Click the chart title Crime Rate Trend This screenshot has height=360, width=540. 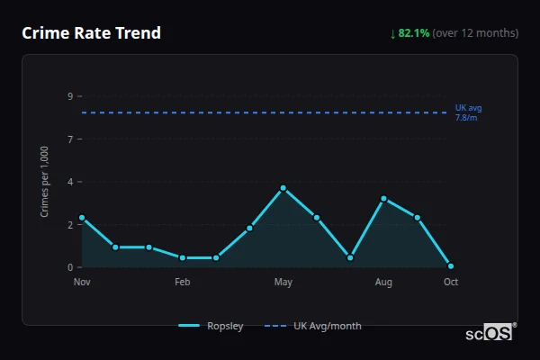click(92, 33)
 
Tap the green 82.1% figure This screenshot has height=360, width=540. click(414, 33)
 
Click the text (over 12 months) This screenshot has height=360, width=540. click(475, 33)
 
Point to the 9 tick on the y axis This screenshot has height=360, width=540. click(69, 96)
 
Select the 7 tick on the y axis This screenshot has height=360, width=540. click(69, 139)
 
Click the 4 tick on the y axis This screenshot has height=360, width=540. click(69, 182)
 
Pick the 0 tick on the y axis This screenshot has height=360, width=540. click(69, 267)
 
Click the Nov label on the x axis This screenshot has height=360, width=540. click(82, 283)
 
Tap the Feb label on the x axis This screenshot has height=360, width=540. click(183, 283)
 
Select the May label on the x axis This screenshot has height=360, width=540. click(283, 283)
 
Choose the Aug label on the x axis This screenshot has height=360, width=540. click(383, 283)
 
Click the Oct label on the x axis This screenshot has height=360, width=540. click(451, 283)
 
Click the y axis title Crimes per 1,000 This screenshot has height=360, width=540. click(45, 182)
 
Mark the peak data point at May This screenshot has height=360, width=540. click(283, 188)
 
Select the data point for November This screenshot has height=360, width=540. click(82, 218)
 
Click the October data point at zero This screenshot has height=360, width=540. click(451, 266)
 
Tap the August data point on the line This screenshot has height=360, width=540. click(383, 199)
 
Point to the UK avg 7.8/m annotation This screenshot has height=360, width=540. click(468, 112)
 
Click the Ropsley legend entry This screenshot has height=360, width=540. click(212, 326)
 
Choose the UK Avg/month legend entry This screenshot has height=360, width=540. click(314, 326)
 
